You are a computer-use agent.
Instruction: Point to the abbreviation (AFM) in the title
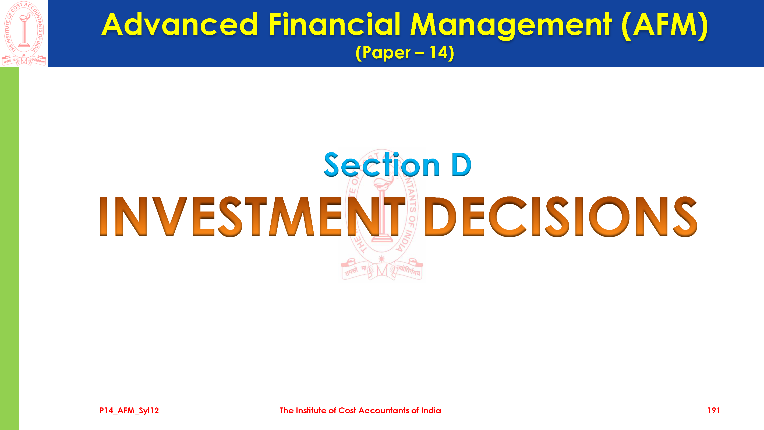665,26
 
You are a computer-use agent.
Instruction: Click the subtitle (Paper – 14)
405,53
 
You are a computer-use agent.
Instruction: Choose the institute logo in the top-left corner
24,33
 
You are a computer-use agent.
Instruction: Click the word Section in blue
382,165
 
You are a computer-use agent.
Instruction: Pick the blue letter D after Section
461,165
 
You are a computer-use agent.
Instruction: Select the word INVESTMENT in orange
252,217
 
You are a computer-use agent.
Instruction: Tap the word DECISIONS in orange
561,217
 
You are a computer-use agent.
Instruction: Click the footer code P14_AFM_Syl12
129,410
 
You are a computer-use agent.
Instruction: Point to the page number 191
714,410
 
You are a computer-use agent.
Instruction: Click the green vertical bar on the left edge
9,248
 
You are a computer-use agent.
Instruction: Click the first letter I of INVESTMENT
103,217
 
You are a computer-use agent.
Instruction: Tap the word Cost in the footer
347,410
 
